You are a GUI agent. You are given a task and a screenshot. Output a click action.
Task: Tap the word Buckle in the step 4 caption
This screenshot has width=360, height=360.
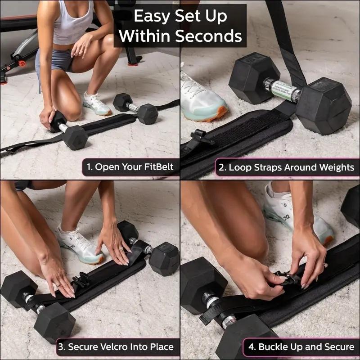pos(274,347)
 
